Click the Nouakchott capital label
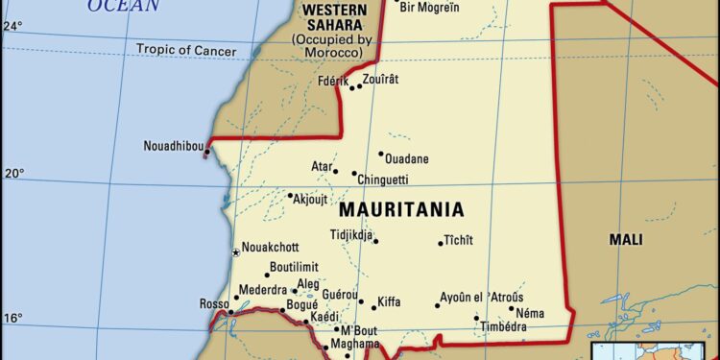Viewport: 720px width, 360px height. click(270, 247)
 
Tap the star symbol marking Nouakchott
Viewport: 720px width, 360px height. click(235, 252)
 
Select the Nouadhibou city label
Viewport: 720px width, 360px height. click(173, 146)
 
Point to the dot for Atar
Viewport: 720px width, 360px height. click(335, 172)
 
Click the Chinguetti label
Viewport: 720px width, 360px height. click(382, 180)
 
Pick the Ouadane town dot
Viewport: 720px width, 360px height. click(380, 154)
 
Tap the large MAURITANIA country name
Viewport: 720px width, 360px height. click(401, 209)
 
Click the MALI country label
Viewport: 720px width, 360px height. click(626, 240)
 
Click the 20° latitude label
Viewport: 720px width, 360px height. click(12, 174)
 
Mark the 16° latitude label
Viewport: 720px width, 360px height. click(12, 318)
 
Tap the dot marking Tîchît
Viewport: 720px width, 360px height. click(441, 242)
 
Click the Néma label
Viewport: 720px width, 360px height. click(530, 313)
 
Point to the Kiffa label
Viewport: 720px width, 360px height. click(389, 301)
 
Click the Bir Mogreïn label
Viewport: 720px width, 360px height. click(429, 8)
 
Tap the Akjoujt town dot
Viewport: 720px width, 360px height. click(290, 196)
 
